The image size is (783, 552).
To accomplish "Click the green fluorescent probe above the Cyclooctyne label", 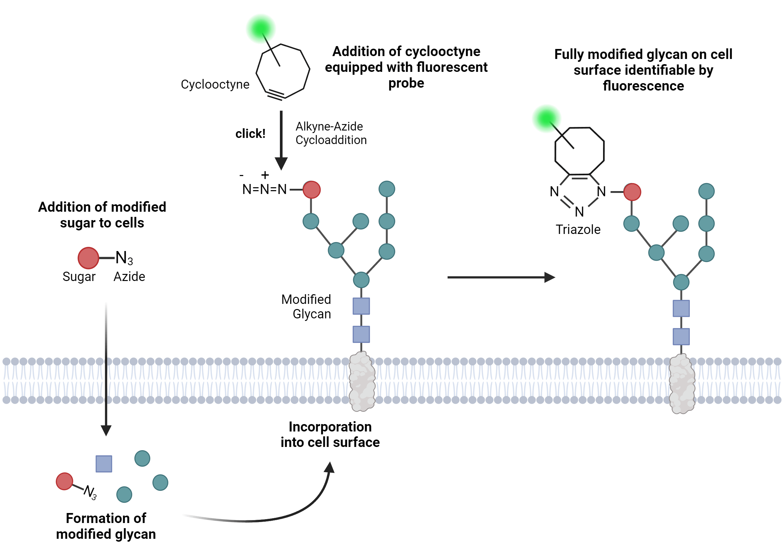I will [x=261, y=29].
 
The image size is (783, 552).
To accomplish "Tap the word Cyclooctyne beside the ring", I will [x=215, y=84].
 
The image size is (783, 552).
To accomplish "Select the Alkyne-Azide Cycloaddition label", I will [x=331, y=133].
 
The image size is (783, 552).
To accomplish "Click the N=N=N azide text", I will [x=264, y=189].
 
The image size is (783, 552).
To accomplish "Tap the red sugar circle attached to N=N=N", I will [x=311, y=190].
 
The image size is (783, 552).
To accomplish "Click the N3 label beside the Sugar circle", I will [x=124, y=258].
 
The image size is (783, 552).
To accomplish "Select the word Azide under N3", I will [x=129, y=277].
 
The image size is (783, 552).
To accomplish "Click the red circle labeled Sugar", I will [x=88, y=258].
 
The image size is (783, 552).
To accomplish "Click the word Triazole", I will [x=578, y=230].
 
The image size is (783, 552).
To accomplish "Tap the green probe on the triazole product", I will [x=546, y=119].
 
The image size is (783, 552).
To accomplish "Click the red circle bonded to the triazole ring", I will [x=632, y=192].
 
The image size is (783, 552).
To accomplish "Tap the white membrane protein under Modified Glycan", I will [x=362, y=382].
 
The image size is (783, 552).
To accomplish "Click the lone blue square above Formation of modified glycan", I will [x=104, y=464].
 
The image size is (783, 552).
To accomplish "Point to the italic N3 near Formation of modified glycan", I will [x=90, y=492].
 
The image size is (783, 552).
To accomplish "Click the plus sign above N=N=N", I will [x=265, y=175].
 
